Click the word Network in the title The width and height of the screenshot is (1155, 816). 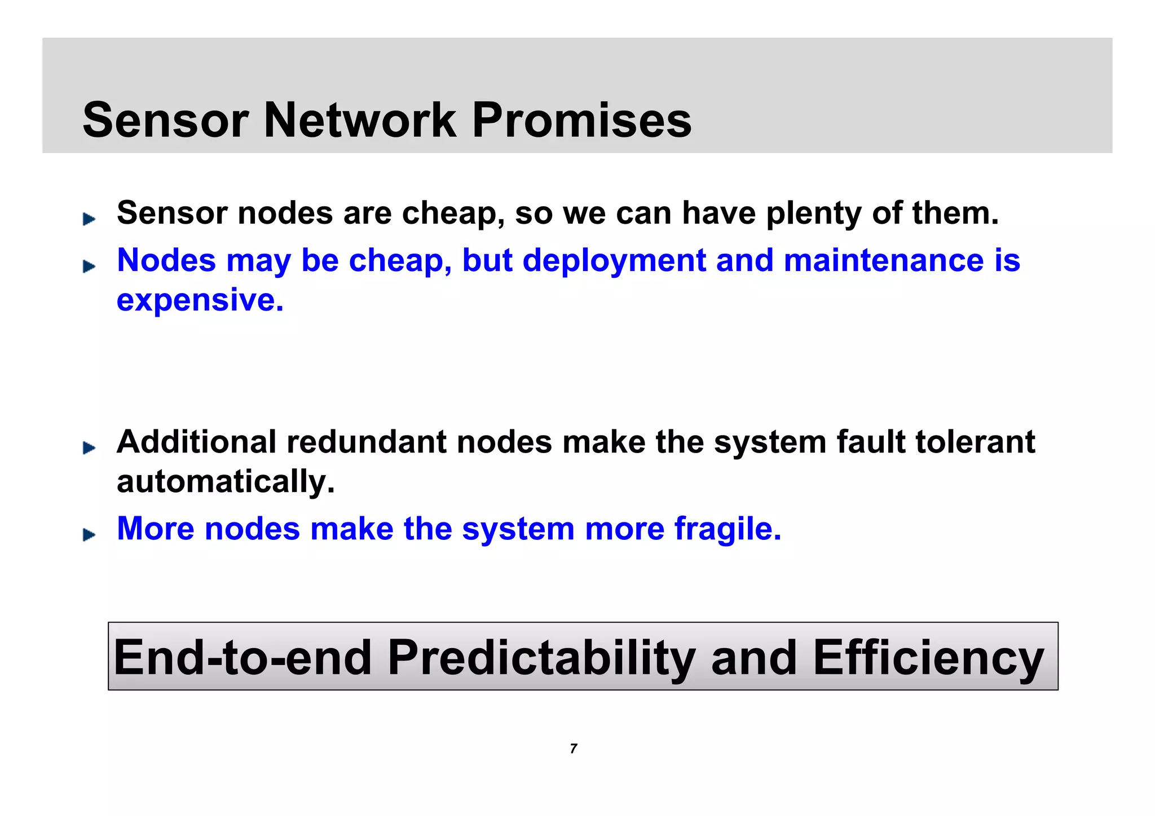(360, 120)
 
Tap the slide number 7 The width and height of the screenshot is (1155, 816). (574, 749)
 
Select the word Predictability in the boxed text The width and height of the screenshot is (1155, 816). (541, 658)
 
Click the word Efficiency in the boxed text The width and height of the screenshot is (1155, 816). (928, 658)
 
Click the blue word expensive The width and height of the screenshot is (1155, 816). (200, 300)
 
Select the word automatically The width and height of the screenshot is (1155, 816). (226, 482)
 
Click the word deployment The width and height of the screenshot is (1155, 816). (614, 261)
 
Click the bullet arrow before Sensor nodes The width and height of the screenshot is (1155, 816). (89, 219)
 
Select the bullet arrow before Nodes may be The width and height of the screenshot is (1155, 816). (89, 267)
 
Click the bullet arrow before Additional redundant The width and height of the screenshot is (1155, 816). (89, 448)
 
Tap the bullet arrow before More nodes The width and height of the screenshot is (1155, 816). (89, 535)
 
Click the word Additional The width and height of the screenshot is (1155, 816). (196, 442)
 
